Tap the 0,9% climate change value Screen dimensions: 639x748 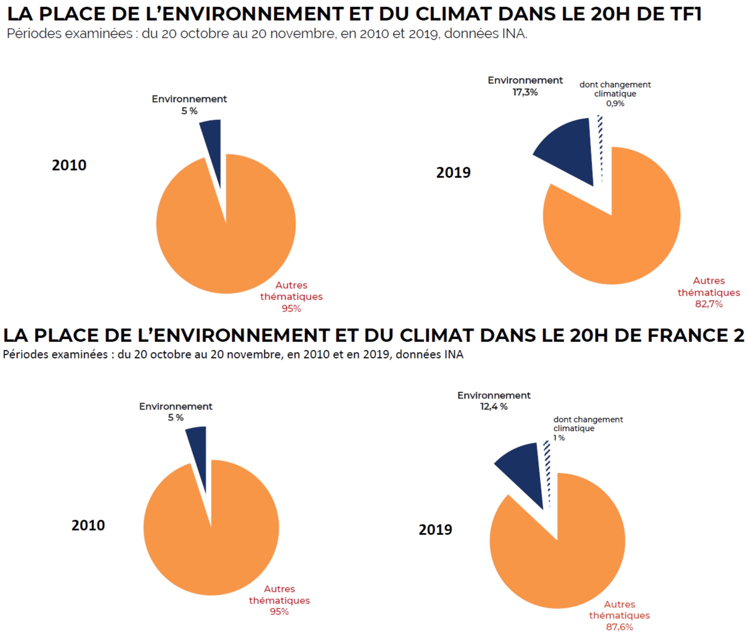click(615, 104)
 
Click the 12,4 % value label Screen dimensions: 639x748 click(494, 406)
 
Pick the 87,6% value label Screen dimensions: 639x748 click(619, 627)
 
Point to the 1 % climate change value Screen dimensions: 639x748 click(559, 438)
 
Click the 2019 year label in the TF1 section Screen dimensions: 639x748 click(453, 173)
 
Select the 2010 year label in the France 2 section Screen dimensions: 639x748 click(88, 525)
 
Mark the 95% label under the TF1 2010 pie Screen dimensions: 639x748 click(291, 308)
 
